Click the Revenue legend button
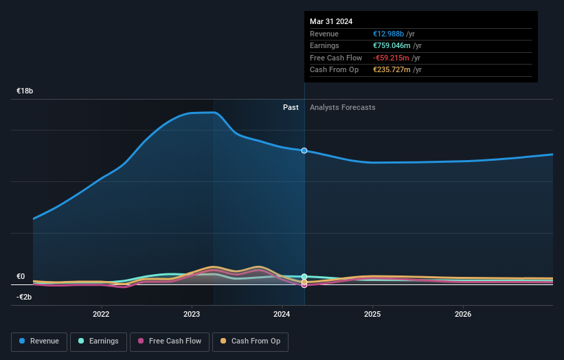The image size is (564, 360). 39,341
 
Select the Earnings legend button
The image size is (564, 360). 99,341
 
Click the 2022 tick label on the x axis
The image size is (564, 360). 101,315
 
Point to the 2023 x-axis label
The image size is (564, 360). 192,315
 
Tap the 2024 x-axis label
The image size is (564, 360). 282,315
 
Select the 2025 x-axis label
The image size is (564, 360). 372,315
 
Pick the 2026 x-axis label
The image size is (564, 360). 463,315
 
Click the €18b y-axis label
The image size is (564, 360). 25,91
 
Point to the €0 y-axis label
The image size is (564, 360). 21,276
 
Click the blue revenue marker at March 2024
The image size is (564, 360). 304,150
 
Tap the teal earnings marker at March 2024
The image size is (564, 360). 304,277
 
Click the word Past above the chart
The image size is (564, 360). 291,107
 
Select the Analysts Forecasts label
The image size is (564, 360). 342,107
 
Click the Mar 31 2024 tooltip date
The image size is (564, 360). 331,21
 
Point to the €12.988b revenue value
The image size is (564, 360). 389,34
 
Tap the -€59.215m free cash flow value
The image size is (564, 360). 391,58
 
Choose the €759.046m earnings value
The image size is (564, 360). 392,46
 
